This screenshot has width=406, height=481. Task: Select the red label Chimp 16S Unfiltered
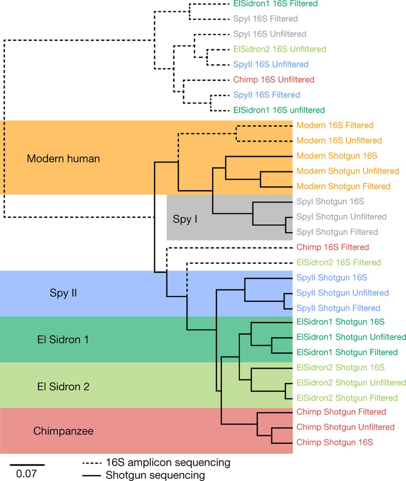tap(274, 79)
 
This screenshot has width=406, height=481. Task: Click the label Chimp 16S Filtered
tap(333, 247)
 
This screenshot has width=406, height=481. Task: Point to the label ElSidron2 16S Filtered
tap(339, 262)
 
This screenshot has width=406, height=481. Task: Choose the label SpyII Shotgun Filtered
tap(338, 308)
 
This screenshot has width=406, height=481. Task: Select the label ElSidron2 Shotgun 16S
tap(340, 367)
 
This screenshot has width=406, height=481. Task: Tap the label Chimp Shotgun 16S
tap(335, 442)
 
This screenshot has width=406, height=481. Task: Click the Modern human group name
tap(63, 158)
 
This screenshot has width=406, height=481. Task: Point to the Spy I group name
tap(185, 219)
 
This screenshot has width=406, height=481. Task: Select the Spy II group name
tap(63, 294)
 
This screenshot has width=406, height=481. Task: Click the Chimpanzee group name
tap(63, 431)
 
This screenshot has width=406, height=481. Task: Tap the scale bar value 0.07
tap(27, 474)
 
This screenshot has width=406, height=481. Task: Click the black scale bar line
tap(27, 465)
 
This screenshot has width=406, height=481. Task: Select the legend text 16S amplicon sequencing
tap(168, 463)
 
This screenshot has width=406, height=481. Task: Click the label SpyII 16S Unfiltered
tap(271, 64)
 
